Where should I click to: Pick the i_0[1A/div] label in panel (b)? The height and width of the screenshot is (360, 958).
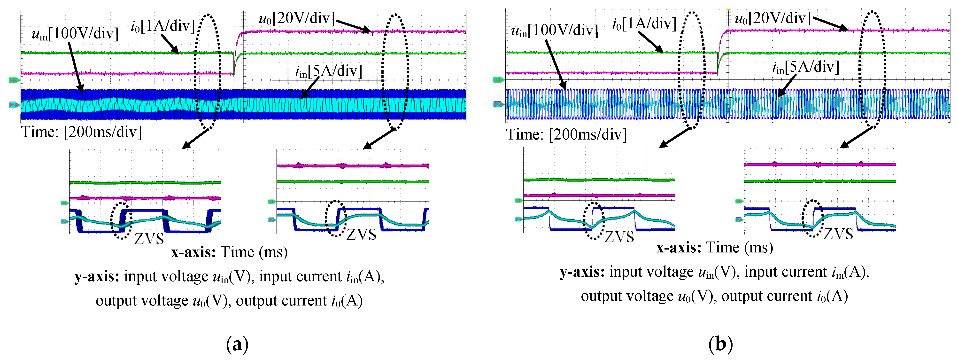[x=644, y=24]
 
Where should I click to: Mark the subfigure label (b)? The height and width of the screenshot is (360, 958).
[x=720, y=344]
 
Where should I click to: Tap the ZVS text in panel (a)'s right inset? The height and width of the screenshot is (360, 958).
[x=361, y=234]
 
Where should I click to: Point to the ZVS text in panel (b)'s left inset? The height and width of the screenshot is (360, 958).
[x=619, y=236]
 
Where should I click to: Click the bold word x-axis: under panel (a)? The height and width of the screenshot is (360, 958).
[x=193, y=252]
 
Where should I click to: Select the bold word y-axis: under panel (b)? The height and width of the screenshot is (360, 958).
[x=582, y=272]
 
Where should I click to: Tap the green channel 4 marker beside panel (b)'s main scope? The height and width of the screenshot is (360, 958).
[x=499, y=80]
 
